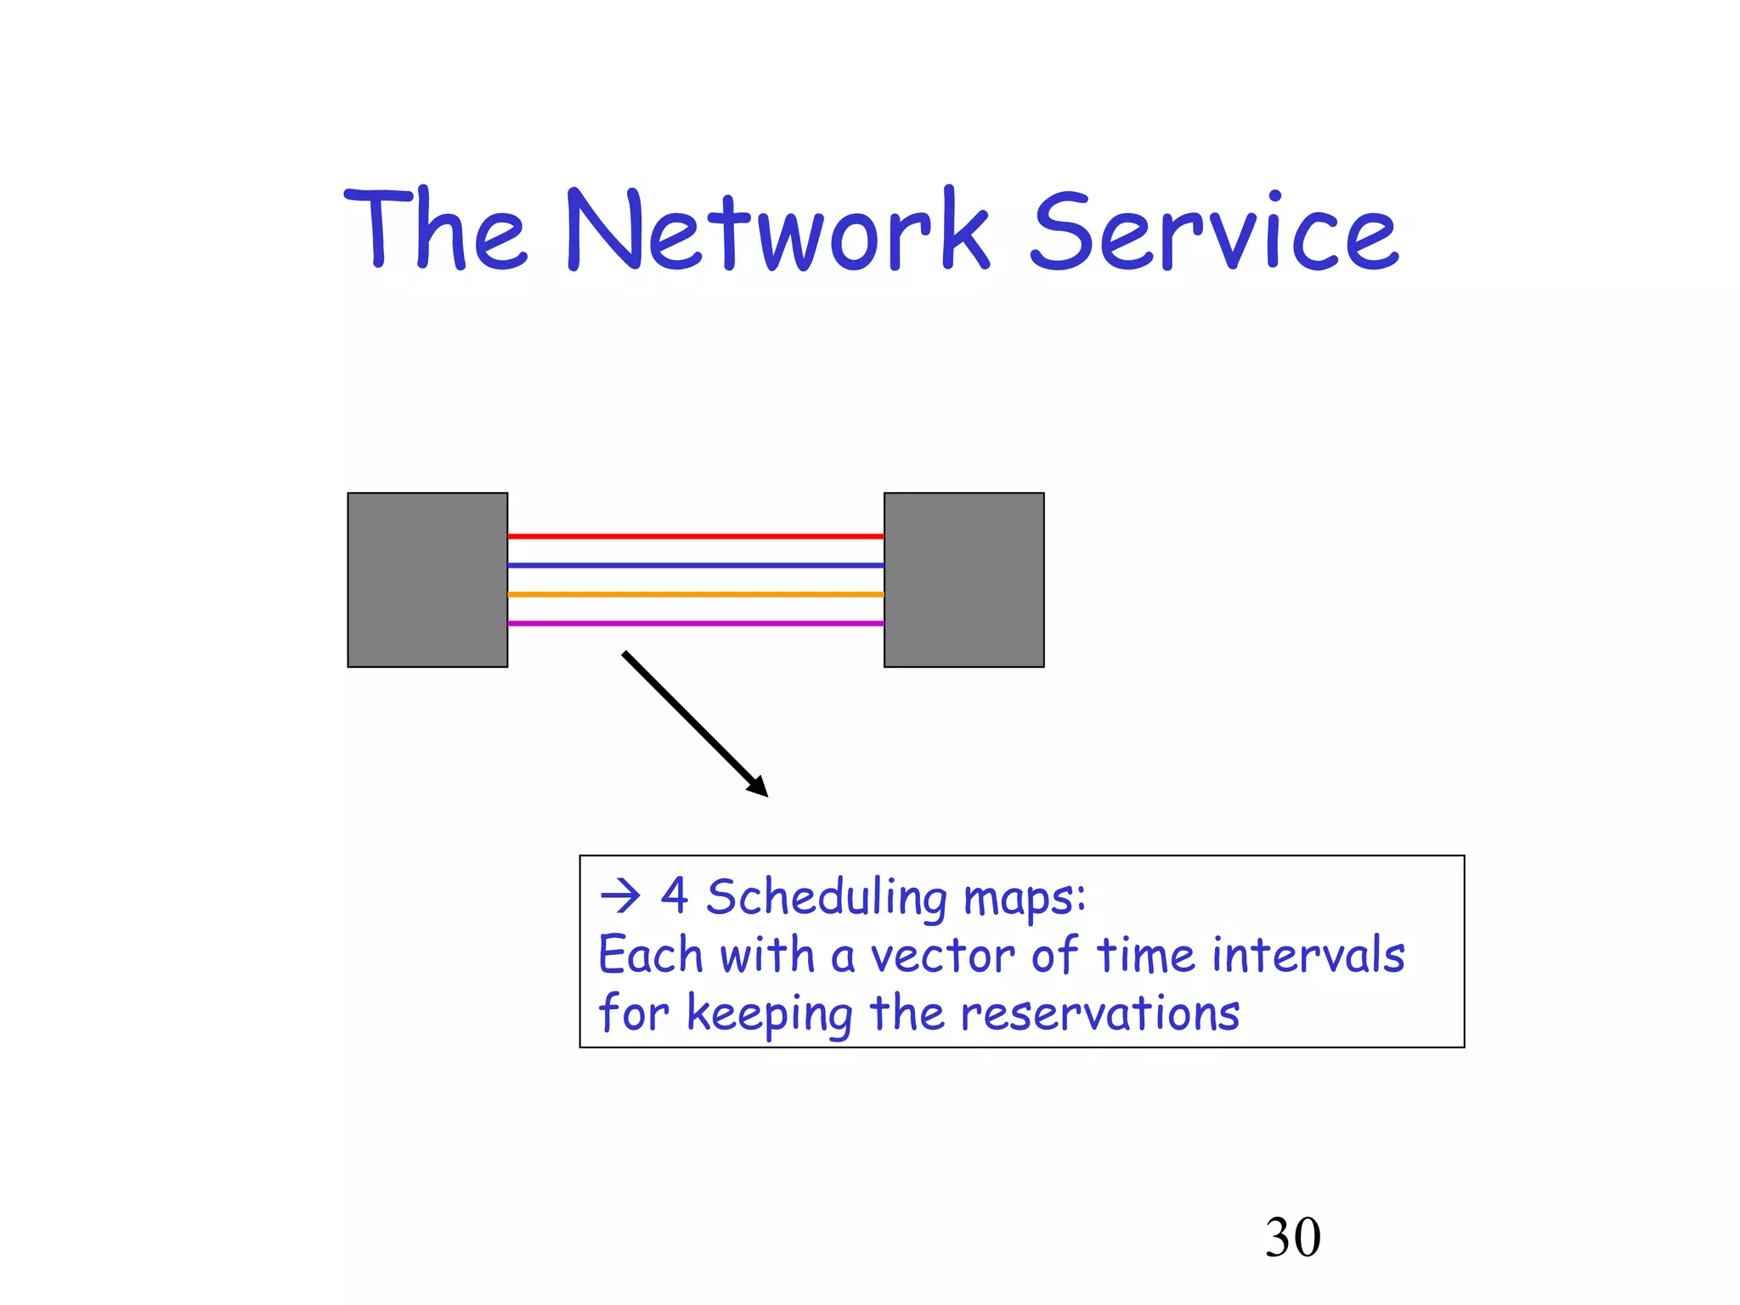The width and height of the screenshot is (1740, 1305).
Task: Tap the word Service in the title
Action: pyautogui.click(x=1214, y=231)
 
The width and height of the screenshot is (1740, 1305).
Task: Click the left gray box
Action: pyautogui.click(x=427, y=579)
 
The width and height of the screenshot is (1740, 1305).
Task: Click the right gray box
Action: pyautogui.click(x=963, y=579)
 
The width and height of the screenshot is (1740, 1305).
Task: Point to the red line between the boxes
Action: pyautogui.click(x=695, y=536)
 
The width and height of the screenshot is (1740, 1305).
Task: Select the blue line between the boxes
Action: pyautogui.click(x=695, y=565)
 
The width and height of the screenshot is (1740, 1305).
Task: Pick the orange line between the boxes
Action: pyautogui.click(x=695, y=594)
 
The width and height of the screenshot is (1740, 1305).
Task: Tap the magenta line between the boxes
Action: pyautogui.click(x=695, y=623)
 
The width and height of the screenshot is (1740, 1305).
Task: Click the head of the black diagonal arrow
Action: pyautogui.click(x=758, y=787)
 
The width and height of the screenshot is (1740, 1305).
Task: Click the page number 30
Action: pyautogui.click(x=1292, y=1237)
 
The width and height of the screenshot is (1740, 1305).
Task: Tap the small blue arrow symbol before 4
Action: pyautogui.click(x=619, y=896)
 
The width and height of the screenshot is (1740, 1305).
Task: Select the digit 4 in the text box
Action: pyautogui.click(x=675, y=896)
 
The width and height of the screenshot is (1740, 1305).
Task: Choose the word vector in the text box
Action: pyautogui.click(x=942, y=956)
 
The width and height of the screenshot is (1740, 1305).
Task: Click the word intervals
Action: pyautogui.click(x=1308, y=954)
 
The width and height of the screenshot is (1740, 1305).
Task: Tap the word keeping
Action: pyautogui.click(x=769, y=1014)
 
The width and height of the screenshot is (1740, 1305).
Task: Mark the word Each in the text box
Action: pyautogui.click(x=650, y=954)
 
